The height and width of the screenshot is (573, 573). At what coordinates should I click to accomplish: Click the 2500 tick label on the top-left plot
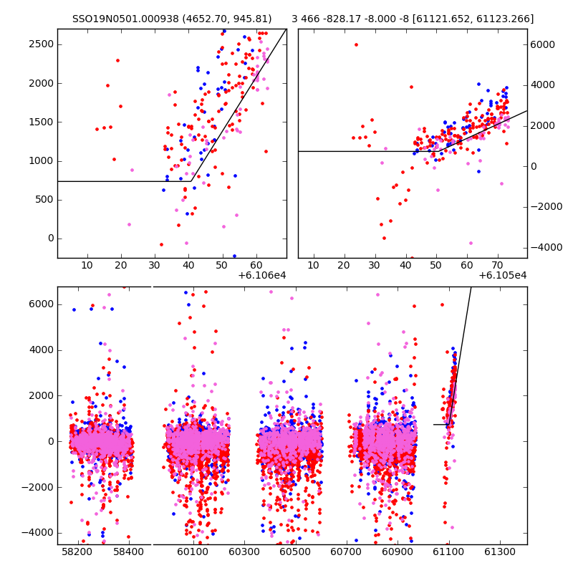41,44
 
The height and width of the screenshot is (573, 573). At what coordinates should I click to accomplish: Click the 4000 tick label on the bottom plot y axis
41,350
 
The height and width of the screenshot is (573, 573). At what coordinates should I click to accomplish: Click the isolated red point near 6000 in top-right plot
356,44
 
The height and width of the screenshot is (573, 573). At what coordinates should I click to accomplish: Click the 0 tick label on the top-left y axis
50,239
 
